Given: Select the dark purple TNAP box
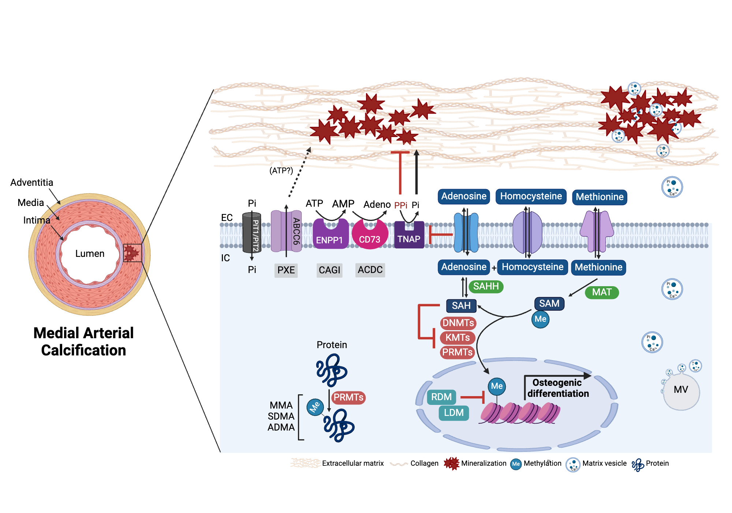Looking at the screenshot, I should click(409, 236).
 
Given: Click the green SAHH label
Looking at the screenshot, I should click(486, 286).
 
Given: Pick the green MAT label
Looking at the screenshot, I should click(602, 292).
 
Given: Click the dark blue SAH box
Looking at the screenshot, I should click(461, 306).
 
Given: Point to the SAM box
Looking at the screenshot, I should click(549, 303).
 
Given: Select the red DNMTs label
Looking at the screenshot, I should click(458, 323).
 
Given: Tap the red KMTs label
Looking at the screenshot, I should click(457, 337).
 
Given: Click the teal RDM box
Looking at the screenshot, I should click(441, 397).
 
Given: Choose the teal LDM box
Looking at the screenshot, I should click(454, 413).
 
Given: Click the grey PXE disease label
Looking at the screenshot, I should click(286, 270).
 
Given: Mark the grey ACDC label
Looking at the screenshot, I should click(370, 270).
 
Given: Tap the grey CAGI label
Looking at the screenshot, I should click(329, 270).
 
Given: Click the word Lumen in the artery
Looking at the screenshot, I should click(90, 254).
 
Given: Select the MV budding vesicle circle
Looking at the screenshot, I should click(681, 391).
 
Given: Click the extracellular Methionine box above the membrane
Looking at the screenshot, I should click(600, 197).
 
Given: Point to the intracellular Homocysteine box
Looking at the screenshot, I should click(533, 267).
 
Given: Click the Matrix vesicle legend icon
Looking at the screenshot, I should click(573, 465).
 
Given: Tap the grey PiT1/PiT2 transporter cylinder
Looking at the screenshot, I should click(252, 233).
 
